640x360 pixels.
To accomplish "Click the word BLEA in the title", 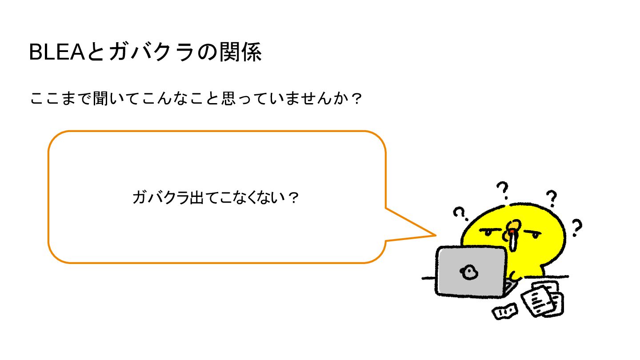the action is click(56, 53).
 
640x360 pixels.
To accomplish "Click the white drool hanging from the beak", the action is click(513, 242).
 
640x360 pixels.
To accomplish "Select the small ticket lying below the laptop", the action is click(505, 311).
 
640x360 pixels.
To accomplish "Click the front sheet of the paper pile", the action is click(538, 301).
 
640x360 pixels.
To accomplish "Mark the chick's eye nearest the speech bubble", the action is click(488, 231).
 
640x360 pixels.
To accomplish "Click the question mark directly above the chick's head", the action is click(503, 190).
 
